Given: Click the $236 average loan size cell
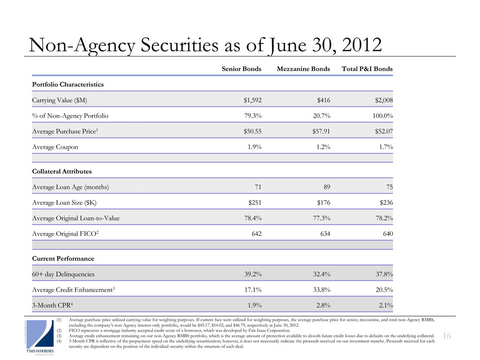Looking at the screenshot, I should pyautogui.click(x=385, y=203).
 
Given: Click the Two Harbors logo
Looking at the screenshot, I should pyautogui.click(x=40, y=337).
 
